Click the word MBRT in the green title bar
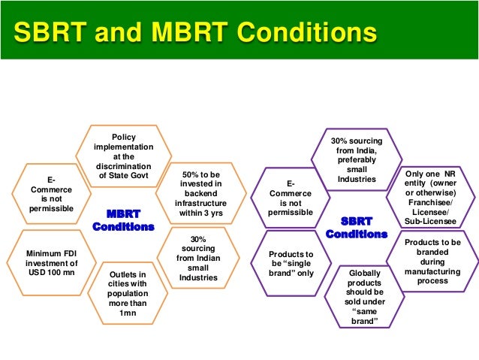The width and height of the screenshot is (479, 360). tap(190, 32)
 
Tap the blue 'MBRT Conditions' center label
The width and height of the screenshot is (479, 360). tap(123, 220)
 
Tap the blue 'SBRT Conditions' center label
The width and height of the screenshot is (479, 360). tap(357, 228)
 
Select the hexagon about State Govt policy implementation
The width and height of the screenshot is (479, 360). tap(123, 156)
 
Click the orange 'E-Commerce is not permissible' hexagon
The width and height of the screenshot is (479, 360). tap(51, 194)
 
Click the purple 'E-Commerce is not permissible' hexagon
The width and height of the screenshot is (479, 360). tap(291, 198)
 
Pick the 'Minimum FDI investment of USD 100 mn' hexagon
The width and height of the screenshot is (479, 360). tap(51, 263)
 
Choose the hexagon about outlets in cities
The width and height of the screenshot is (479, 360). tap(128, 293)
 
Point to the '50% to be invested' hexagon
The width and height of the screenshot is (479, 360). tap(200, 194)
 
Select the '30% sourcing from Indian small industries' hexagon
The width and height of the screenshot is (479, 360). tap(198, 258)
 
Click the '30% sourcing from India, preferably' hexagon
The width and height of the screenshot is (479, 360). tap(357, 159)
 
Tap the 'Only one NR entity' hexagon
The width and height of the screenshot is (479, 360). tap(430, 197)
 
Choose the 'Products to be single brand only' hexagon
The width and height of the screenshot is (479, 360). tap(291, 263)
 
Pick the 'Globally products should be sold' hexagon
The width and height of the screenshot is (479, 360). tap(364, 297)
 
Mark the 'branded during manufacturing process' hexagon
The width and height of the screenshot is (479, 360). tap(432, 262)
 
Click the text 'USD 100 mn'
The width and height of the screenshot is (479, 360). tap(52, 273)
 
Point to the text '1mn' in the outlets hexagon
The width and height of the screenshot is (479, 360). tap(128, 313)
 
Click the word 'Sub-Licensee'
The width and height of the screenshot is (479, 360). tap(430, 221)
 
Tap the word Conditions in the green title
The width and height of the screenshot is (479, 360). tap(307, 32)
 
